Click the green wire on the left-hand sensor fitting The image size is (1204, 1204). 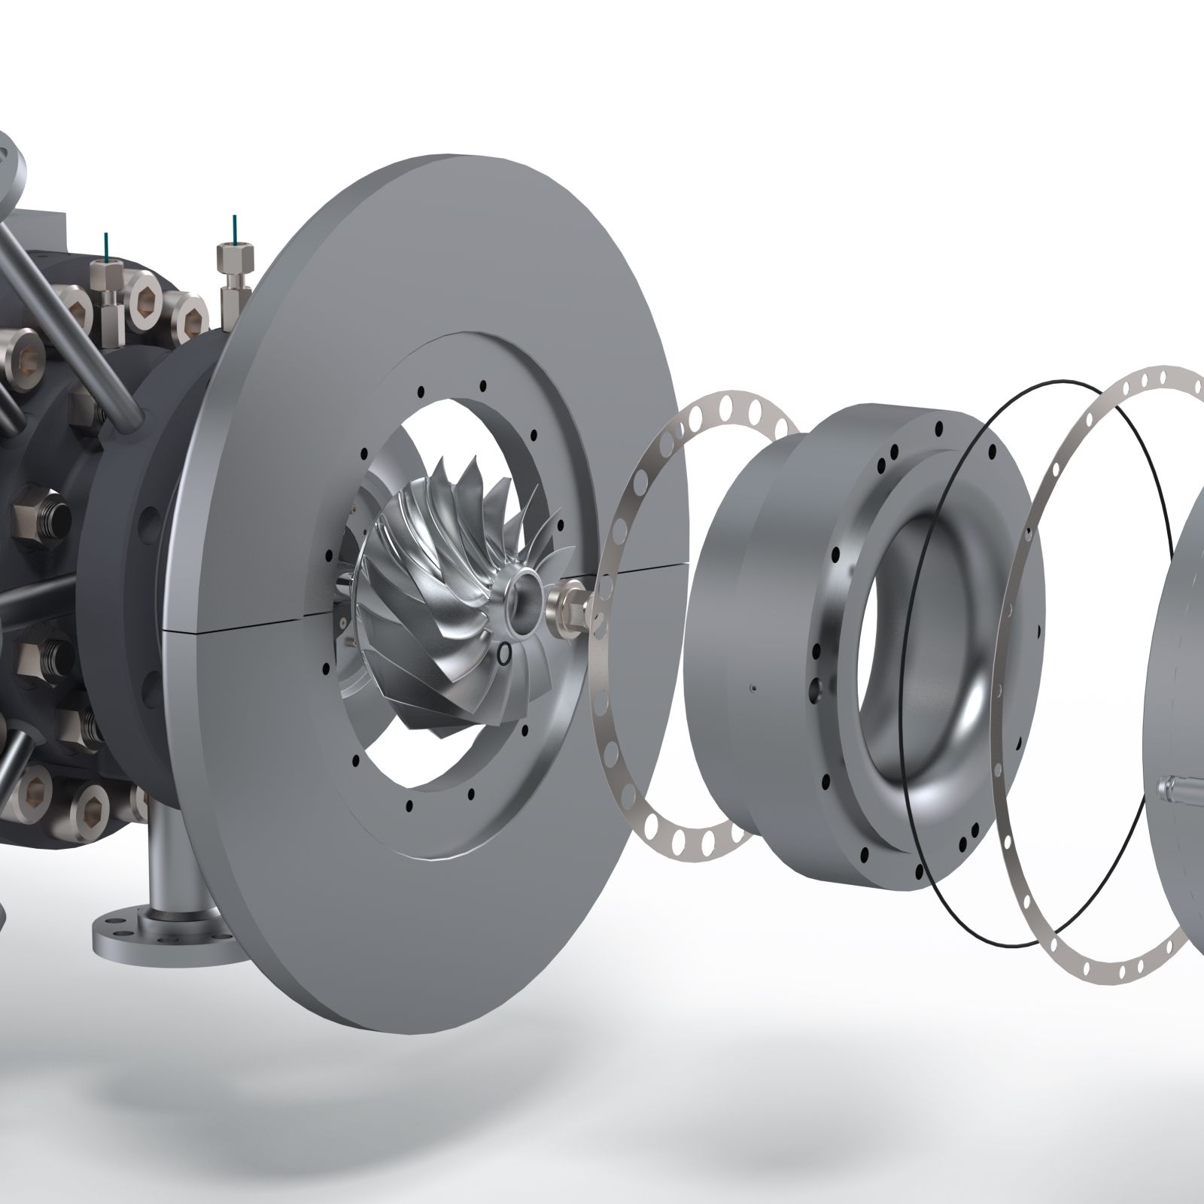(105, 245)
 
